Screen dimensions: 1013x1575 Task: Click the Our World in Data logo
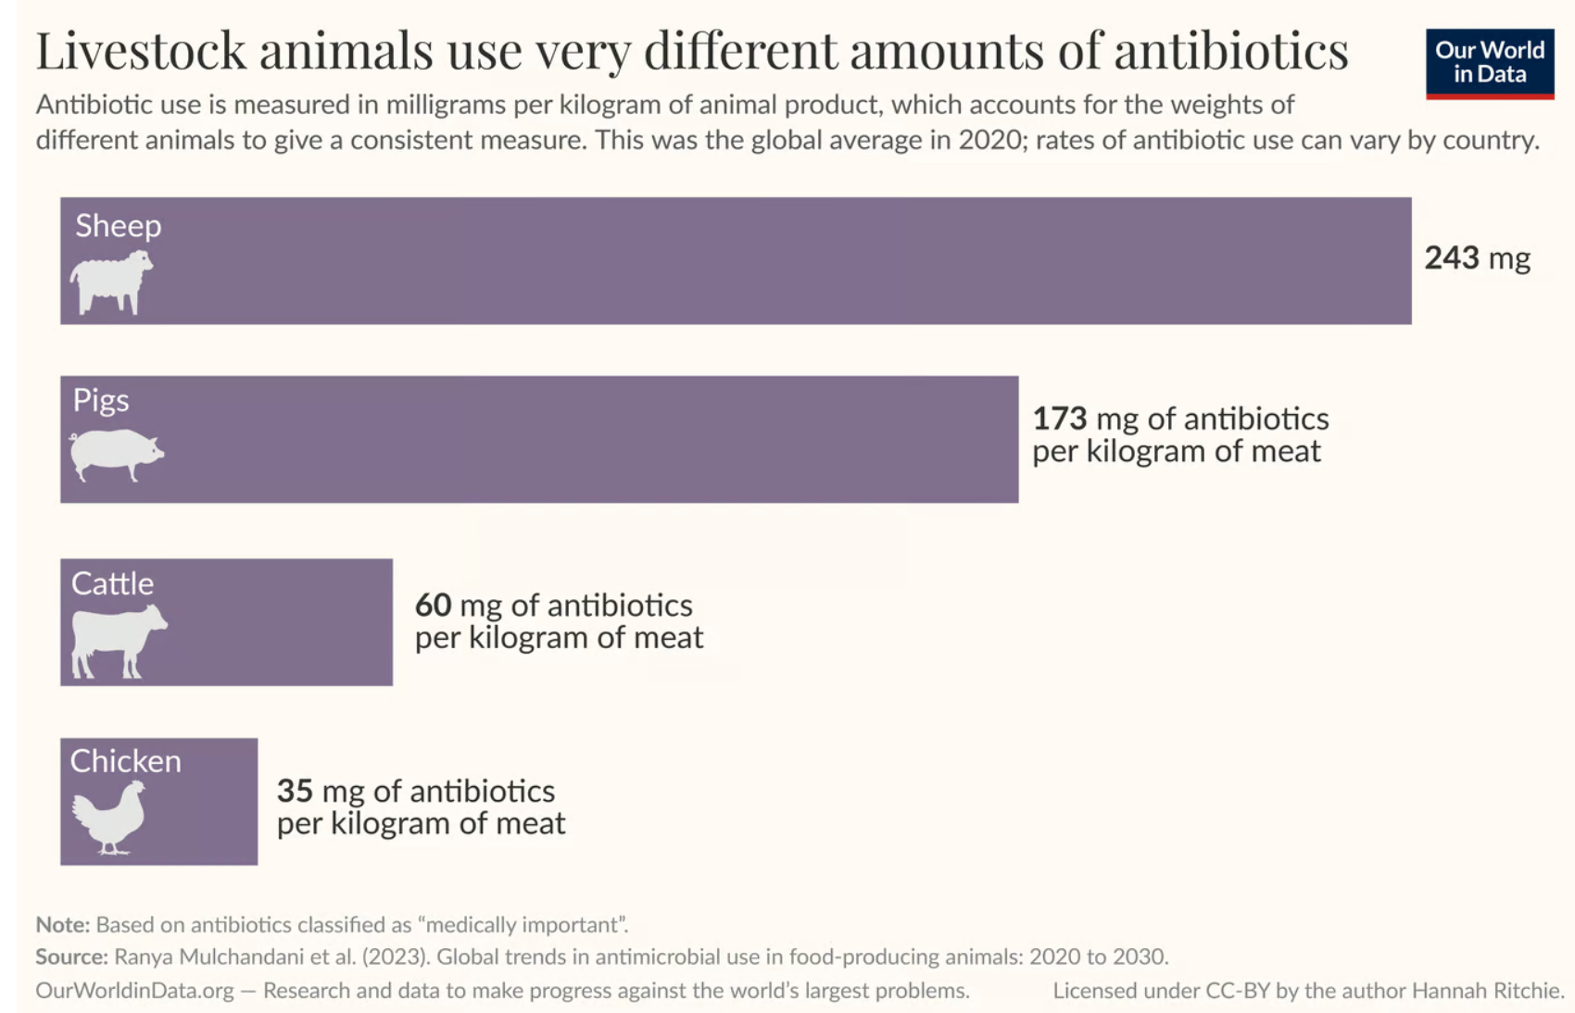[1489, 63]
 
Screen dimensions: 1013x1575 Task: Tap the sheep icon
[111, 281]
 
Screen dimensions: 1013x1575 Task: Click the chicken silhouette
[110, 817]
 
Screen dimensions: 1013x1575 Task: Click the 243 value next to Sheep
[1451, 257]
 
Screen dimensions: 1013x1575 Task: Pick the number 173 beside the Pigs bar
[1059, 419]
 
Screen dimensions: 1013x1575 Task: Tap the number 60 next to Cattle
[433, 605]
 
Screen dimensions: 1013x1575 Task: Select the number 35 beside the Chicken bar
[295, 791]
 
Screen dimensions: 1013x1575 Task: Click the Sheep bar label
[119, 226]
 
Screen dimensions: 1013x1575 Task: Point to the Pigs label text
[101, 400]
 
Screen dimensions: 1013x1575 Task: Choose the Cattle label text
[112, 583]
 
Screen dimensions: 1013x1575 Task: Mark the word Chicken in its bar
[126, 761]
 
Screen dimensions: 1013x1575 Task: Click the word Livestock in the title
[141, 51]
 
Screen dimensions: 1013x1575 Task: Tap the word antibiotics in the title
[1230, 51]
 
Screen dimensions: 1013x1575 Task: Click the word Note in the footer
[61, 924]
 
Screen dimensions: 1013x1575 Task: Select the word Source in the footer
[70, 957]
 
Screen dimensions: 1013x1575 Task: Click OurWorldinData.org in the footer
[134, 990]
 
